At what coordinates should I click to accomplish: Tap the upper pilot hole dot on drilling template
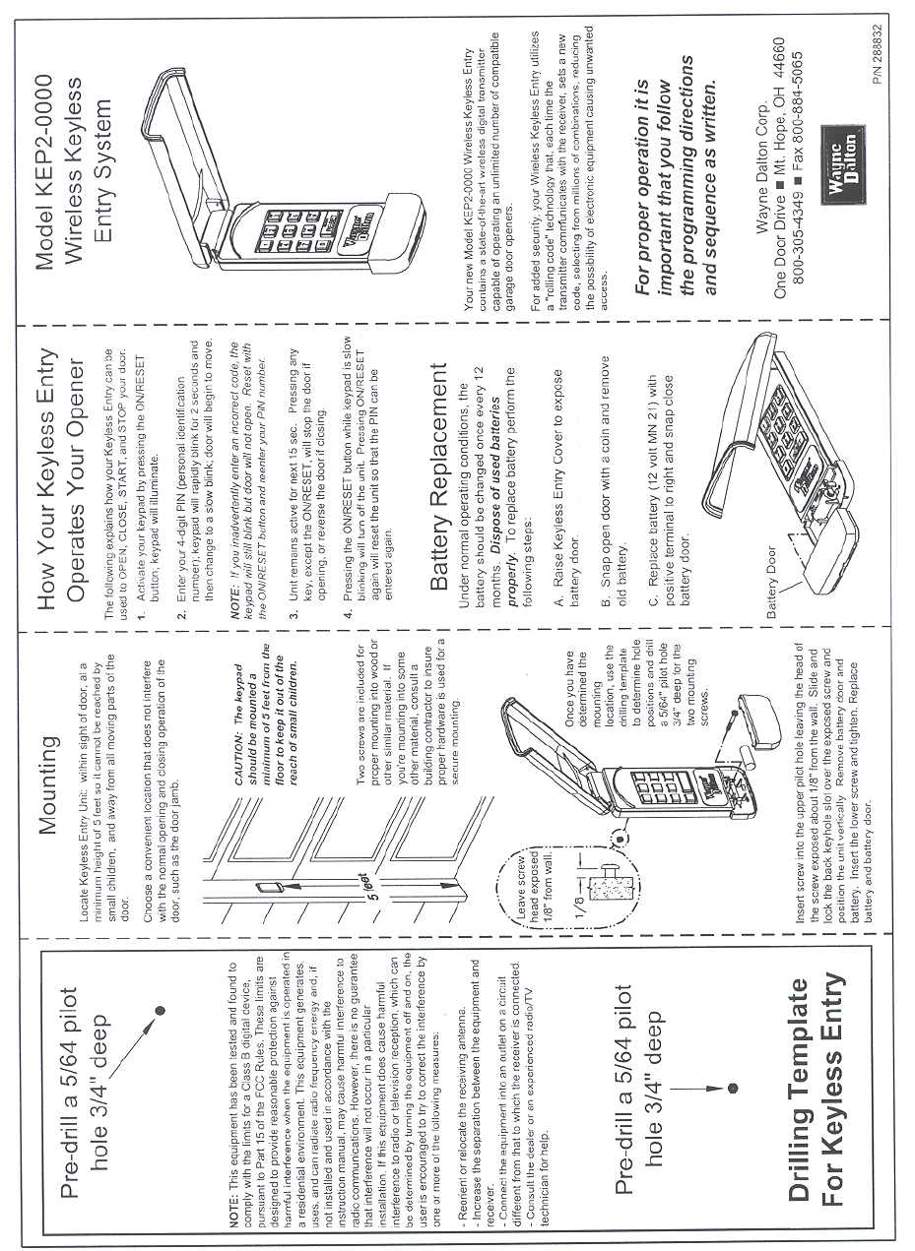coord(159,1009)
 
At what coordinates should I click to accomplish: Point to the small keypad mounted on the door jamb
coord(264,888)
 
